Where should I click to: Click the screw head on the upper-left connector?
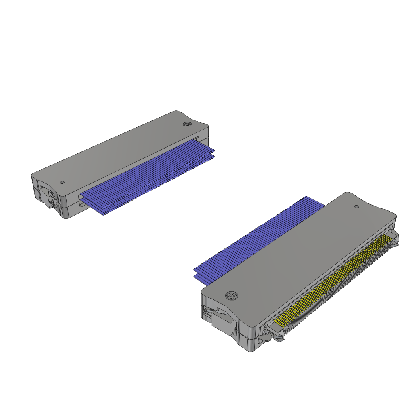[187, 124]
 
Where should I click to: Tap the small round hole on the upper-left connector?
[62, 182]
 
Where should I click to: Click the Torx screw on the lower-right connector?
[231, 296]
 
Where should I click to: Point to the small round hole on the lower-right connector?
[356, 206]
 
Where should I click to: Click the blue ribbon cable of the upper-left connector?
[149, 177]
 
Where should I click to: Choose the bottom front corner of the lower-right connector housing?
[251, 349]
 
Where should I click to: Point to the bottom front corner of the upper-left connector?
[66, 217]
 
